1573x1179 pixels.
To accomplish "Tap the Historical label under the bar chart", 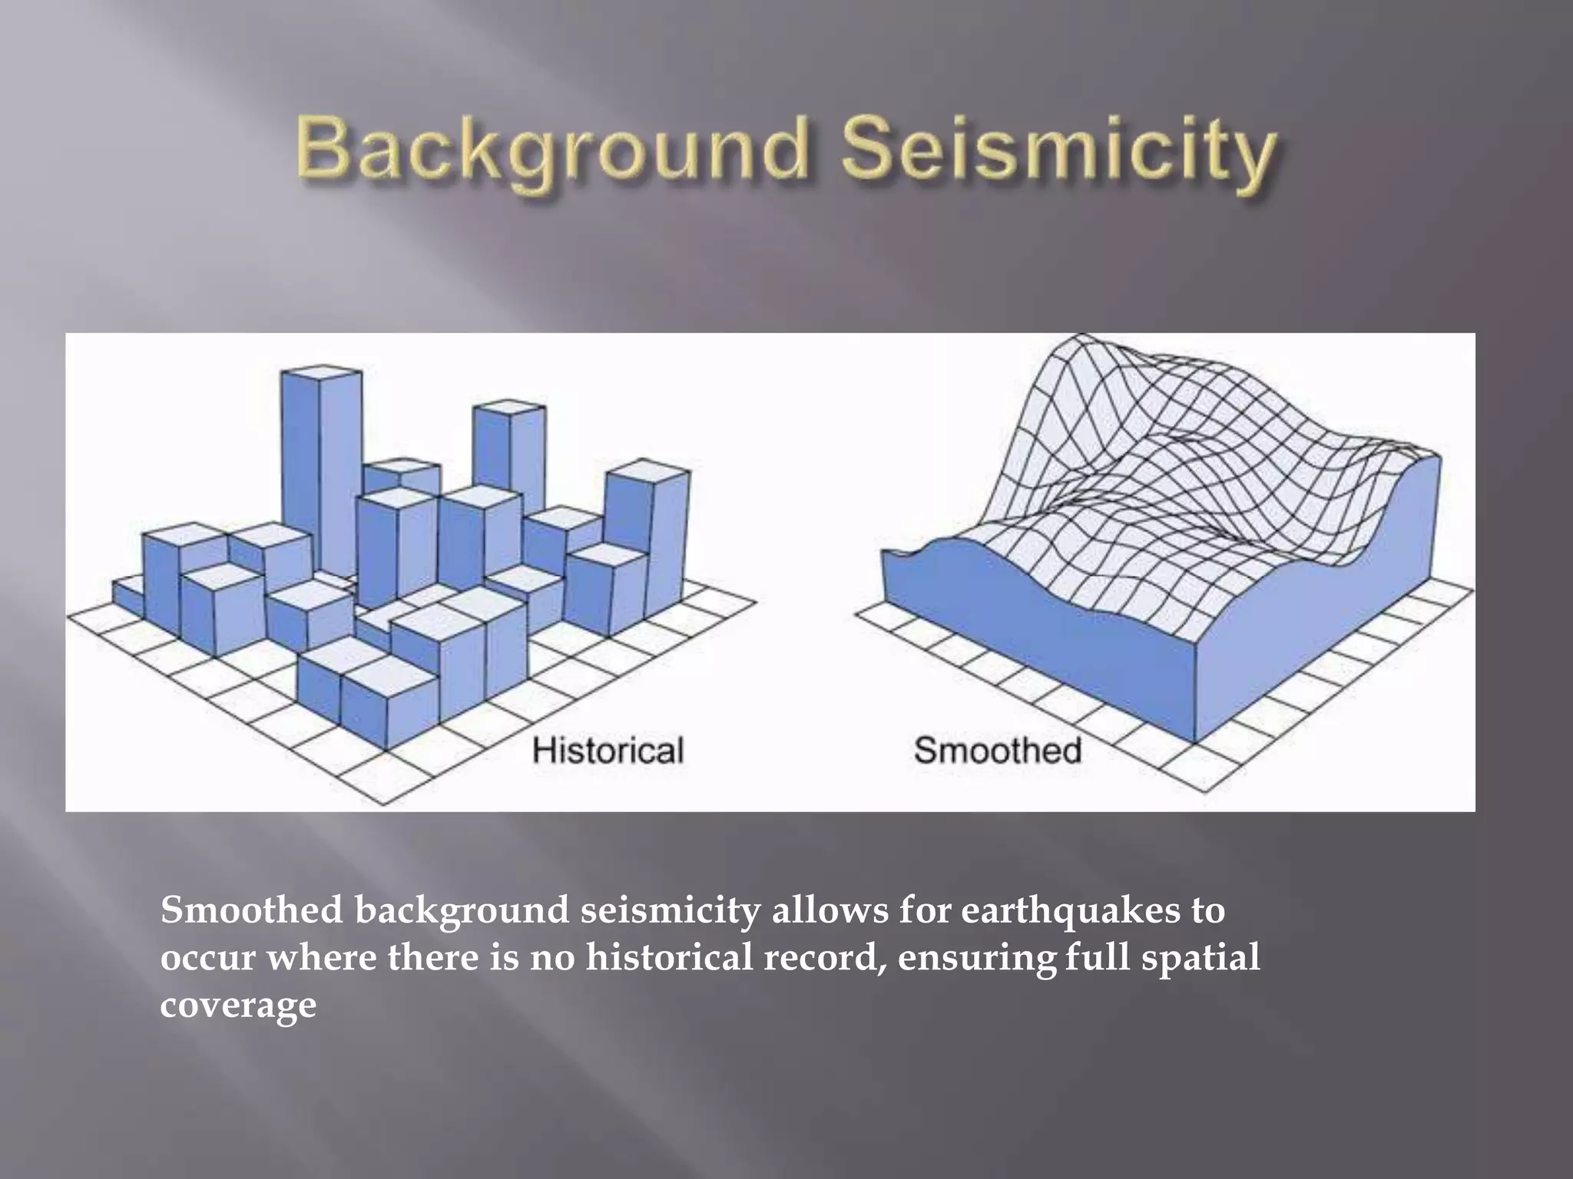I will coord(608,750).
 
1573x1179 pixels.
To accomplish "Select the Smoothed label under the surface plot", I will coord(998,750).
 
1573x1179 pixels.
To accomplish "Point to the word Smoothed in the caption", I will coord(251,910).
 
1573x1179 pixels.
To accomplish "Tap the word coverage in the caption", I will coord(238,1006).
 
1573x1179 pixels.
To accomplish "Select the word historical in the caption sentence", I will coord(669,958).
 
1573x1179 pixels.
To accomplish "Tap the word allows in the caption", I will coord(830,910).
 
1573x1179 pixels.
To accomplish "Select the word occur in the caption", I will coord(207,959).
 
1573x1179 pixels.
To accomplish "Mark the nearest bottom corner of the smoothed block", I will coord(1194,741).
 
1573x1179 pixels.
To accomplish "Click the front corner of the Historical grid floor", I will coord(383,804).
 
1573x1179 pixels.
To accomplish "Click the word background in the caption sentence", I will coord(461,912).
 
